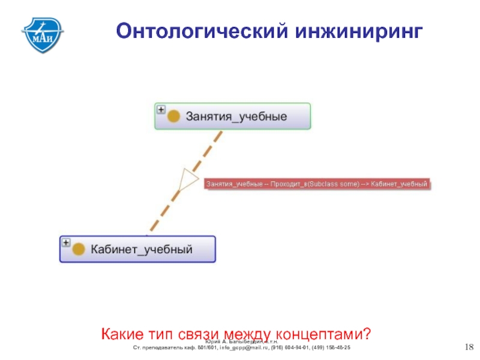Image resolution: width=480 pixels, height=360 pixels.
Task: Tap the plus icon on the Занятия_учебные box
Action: pos(161,110)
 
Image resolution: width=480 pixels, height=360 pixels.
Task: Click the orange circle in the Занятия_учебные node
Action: pos(174,116)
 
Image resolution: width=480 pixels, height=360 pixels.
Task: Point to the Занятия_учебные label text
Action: pos(236,116)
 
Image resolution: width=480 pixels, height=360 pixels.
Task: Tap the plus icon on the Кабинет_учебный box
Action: pos(66,242)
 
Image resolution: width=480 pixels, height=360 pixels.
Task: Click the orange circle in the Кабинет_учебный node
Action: pos(79,250)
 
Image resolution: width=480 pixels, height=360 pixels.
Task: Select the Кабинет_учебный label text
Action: pos(142,250)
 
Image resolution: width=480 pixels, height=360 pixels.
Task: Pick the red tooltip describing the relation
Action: pos(317,184)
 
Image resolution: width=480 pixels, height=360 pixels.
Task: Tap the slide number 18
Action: pos(469,347)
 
